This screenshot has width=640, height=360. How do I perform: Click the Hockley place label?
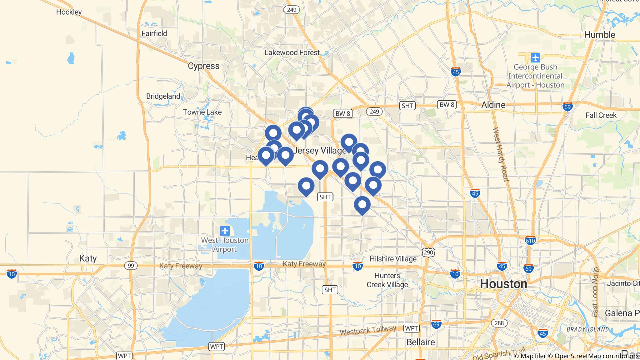[x=69, y=12]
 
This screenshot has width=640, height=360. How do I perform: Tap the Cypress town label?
[x=203, y=66]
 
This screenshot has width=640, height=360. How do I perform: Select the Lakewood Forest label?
[x=292, y=52]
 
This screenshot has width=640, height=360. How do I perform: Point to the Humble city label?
[x=599, y=35]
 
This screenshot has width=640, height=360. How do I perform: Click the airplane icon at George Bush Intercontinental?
[x=535, y=58]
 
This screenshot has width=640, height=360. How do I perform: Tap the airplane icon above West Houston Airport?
[x=225, y=231]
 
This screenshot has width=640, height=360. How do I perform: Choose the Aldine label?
[x=493, y=105]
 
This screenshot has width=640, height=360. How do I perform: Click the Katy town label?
[x=88, y=258]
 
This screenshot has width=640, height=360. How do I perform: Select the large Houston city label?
[x=503, y=284]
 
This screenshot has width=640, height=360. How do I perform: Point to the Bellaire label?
[x=421, y=342]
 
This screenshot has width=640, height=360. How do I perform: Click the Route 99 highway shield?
[x=131, y=266]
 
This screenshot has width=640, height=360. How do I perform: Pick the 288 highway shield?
[x=499, y=323]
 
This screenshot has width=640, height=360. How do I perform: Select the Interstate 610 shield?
[x=530, y=241]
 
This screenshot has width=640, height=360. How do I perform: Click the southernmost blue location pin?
[x=362, y=205]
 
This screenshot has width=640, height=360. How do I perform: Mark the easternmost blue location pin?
[x=378, y=170]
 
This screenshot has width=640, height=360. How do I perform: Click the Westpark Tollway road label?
[x=368, y=330]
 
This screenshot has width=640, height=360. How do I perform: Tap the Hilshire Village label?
[x=393, y=259]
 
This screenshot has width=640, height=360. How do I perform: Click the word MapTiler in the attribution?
[x=533, y=356]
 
